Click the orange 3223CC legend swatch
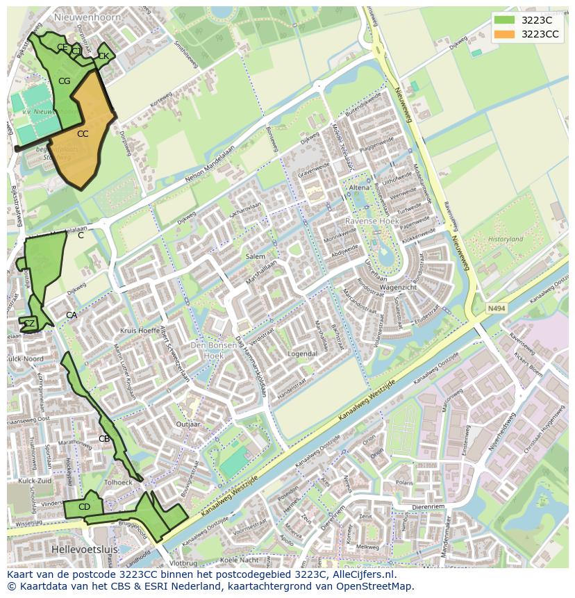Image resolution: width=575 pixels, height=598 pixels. coord(506,34)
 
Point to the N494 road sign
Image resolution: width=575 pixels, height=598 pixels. coord(496,308)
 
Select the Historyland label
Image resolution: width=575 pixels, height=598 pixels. coord(505,239)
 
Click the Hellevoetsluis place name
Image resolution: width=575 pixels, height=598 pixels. coord(86,549)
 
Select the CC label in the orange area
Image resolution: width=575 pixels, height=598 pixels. coord(83,133)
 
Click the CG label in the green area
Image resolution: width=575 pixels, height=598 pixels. coord(64,81)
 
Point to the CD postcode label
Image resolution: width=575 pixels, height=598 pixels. coord(84,507)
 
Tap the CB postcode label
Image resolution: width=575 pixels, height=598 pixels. coord(104,438)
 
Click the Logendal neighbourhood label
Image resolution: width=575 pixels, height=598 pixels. coord(303,354)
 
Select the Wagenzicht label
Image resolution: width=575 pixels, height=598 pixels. coord(398,287)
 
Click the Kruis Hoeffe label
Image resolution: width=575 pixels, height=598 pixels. coord(140,331)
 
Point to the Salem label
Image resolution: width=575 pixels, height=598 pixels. coord(255,256)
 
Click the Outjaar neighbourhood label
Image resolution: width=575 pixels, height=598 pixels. coord(188,424)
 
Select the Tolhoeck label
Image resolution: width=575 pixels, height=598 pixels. coord(117,483)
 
